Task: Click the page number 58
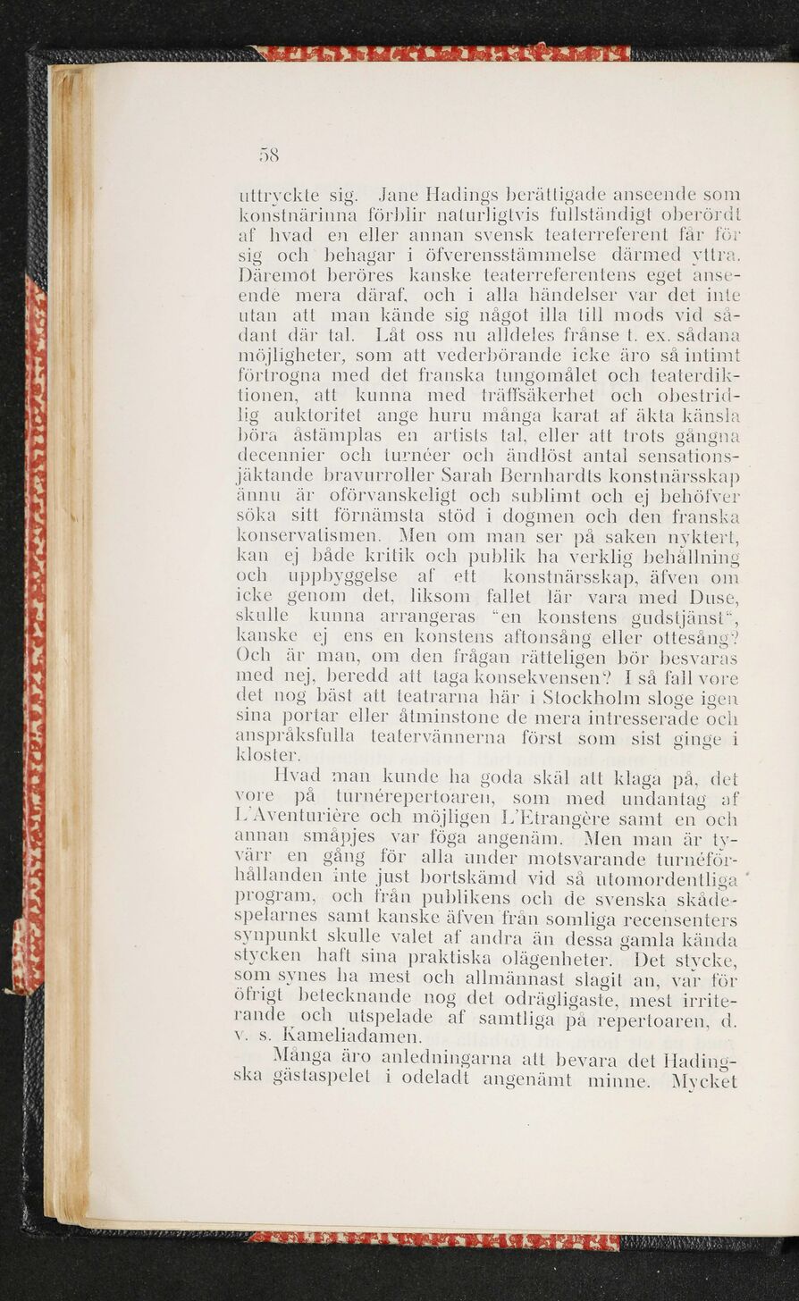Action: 269,155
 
